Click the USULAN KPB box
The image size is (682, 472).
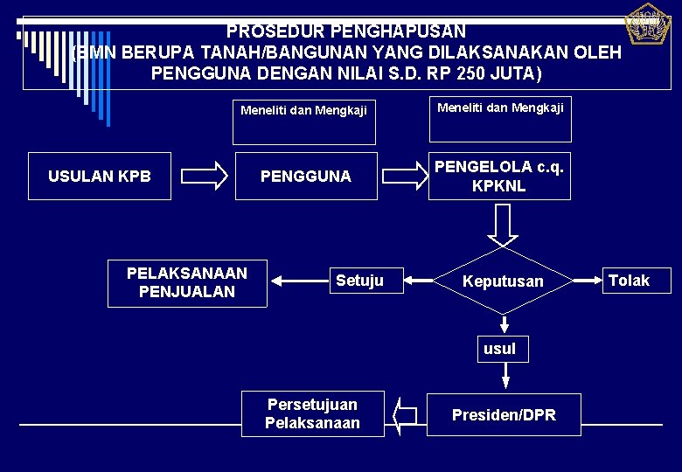click(100, 177)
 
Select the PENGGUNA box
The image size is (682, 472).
click(305, 177)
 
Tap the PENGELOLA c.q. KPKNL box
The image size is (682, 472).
click(499, 177)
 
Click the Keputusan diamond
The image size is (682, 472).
click(503, 281)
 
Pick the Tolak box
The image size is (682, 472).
click(629, 281)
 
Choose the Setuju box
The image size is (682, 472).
click(359, 281)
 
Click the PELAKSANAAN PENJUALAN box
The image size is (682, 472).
click(187, 282)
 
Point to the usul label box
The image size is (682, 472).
click(499, 349)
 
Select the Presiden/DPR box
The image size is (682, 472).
click(504, 415)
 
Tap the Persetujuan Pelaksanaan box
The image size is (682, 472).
click(312, 413)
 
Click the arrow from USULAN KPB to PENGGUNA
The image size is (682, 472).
click(208, 176)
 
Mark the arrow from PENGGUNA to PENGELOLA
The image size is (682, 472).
click(402, 176)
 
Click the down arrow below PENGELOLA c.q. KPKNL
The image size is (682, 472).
click(503, 226)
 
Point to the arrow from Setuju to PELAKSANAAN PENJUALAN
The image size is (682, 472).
click(297, 281)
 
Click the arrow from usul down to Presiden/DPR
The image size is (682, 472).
click(505, 377)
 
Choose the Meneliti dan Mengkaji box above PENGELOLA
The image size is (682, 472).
click(499, 119)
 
